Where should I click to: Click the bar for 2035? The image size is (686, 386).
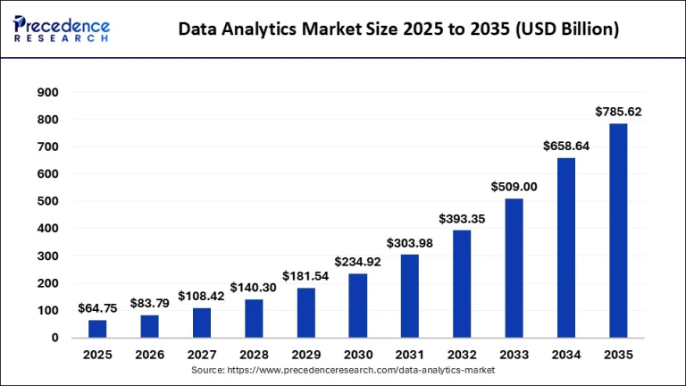click(x=618, y=231)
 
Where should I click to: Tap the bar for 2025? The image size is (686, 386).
click(x=97, y=329)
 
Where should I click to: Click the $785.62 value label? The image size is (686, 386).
click(x=618, y=112)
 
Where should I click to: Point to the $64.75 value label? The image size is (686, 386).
click(x=97, y=308)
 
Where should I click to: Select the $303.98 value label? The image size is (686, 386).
click(x=410, y=243)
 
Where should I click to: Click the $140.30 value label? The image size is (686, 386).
click(x=254, y=288)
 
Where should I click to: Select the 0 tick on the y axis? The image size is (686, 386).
click(x=54, y=338)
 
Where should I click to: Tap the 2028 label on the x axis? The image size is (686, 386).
click(x=254, y=355)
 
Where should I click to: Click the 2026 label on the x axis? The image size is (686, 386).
click(x=149, y=355)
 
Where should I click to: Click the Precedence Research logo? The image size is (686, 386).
click(x=62, y=29)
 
